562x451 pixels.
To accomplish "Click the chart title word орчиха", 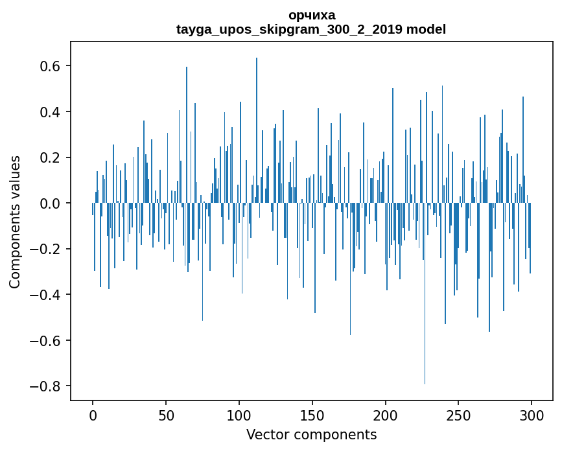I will (311, 16).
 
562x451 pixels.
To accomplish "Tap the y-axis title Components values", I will (15, 222).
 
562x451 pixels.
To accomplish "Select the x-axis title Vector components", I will (311, 434).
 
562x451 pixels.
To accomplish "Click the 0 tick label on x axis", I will (93, 415).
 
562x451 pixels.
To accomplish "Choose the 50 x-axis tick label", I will (166, 415).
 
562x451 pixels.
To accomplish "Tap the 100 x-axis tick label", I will (239, 415).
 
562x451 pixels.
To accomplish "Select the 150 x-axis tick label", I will (312, 415).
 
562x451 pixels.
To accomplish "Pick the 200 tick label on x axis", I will (386, 415).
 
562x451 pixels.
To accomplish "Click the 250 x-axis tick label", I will (458, 415).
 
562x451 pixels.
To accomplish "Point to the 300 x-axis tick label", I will (532, 415).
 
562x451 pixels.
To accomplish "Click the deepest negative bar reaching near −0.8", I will (425, 324).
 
